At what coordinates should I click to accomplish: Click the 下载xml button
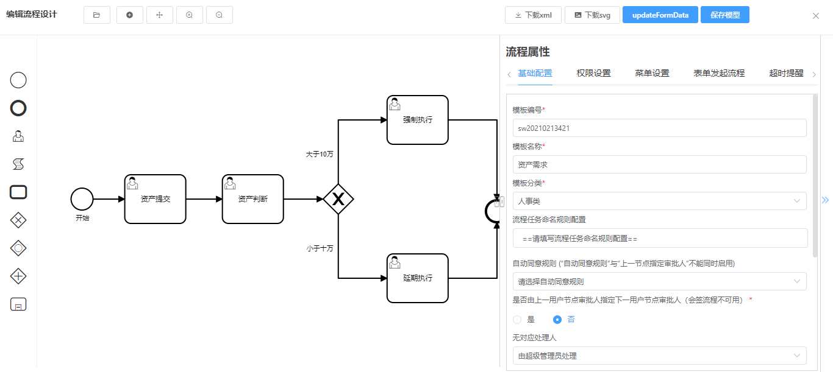pyautogui.click(x=533, y=15)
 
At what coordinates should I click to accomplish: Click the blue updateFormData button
pyautogui.click(x=660, y=15)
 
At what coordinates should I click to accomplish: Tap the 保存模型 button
pyautogui.click(x=724, y=15)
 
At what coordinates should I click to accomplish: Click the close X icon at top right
pyautogui.click(x=815, y=16)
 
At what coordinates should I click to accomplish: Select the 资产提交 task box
pyautogui.click(x=155, y=199)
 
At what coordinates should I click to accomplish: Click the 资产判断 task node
pyautogui.click(x=252, y=199)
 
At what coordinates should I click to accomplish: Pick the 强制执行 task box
pyautogui.click(x=417, y=120)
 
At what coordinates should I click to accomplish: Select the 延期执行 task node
pyautogui.click(x=417, y=278)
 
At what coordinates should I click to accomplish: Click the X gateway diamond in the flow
pyautogui.click(x=338, y=198)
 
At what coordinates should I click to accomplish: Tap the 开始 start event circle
pyautogui.click(x=82, y=199)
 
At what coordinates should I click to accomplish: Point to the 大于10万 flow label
pyautogui.click(x=320, y=155)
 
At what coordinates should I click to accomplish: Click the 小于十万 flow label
pyautogui.click(x=320, y=248)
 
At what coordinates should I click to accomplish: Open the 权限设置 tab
pyautogui.click(x=593, y=73)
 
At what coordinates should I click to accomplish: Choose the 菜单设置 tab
pyautogui.click(x=652, y=73)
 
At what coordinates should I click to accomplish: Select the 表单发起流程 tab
pyautogui.click(x=719, y=73)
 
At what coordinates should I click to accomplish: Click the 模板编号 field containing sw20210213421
pyautogui.click(x=659, y=128)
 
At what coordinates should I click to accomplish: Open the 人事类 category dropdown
pyautogui.click(x=659, y=201)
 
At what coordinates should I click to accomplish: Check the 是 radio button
pyautogui.click(x=518, y=319)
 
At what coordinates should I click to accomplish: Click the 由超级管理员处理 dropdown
pyautogui.click(x=659, y=356)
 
